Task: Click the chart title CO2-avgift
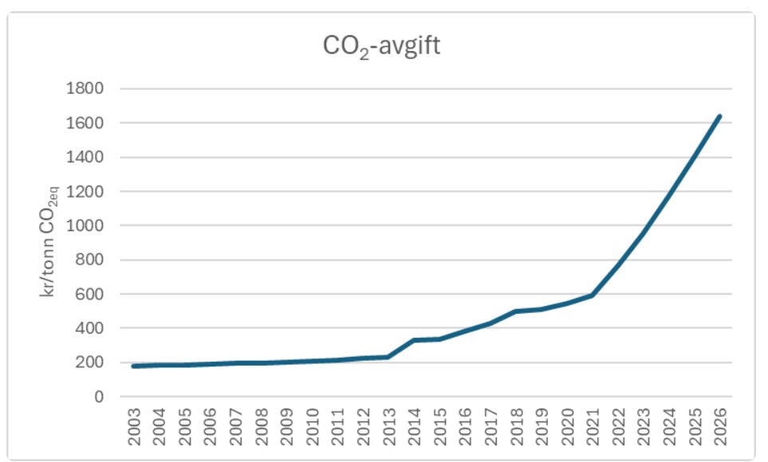point(381,47)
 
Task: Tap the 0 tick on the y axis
point(100,397)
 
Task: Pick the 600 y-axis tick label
point(91,294)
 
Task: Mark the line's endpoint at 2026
point(720,116)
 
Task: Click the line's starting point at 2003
point(134,366)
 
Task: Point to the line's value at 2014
point(414,340)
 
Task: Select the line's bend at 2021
point(593,296)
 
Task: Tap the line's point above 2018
point(516,311)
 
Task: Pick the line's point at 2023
point(644,233)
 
